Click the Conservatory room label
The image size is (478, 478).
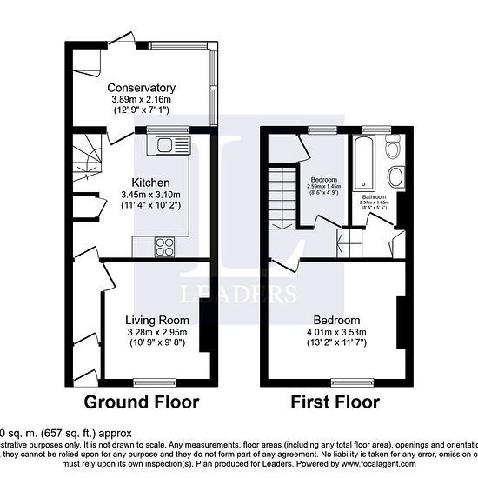tap(142, 88)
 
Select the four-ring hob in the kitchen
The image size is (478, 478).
tap(165, 246)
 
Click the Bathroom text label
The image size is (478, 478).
tap(375, 197)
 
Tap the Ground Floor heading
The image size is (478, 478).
tap(142, 402)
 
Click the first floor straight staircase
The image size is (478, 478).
tap(280, 196)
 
